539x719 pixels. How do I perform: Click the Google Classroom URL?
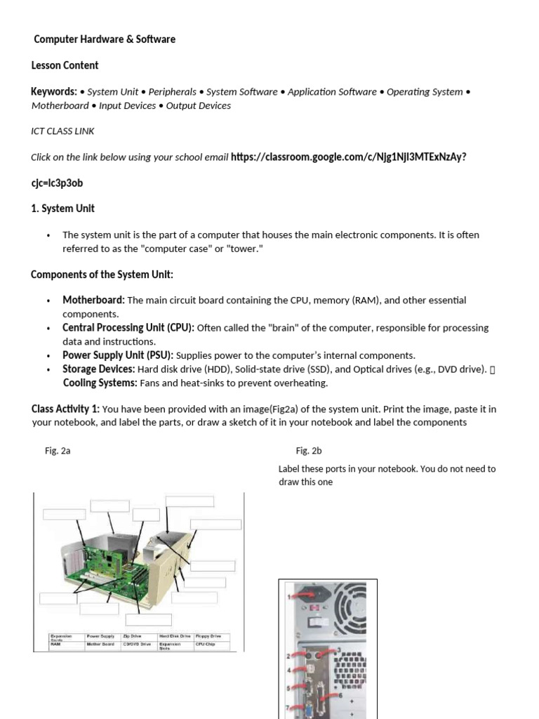tap(348, 157)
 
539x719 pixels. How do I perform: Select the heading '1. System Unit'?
tap(62, 209)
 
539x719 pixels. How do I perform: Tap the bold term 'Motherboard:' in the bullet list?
tap(93, 300)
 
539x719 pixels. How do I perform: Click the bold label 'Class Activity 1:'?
tap(65, 409)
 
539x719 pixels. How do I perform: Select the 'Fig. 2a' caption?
tap(58, 451)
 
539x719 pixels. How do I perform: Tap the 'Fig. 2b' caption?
tap(309, 451)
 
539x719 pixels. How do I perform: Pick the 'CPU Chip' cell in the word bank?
tap(205, 643)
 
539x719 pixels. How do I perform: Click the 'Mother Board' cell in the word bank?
tap(100, 643)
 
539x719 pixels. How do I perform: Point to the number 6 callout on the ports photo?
tap(341, 695)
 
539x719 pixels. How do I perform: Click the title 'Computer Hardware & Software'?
tap(105, 39)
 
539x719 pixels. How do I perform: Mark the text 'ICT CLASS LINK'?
tap(62, 131)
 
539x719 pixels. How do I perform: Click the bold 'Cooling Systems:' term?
tap(100, 383)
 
